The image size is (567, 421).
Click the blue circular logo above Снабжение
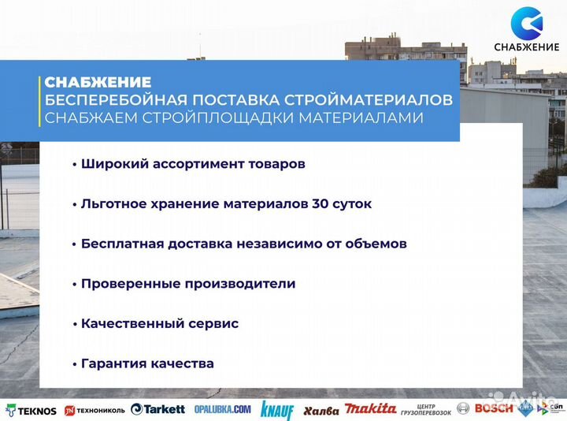(526, 23)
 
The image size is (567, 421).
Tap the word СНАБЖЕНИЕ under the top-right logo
(526, 50)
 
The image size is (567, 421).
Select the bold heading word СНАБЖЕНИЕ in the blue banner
(98, 82)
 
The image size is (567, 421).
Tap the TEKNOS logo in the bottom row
(31, 410)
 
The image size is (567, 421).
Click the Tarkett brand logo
(158, 409)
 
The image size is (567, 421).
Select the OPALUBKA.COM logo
(221, 410)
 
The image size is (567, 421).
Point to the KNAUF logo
(277, 410)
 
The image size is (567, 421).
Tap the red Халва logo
(321, 410)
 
